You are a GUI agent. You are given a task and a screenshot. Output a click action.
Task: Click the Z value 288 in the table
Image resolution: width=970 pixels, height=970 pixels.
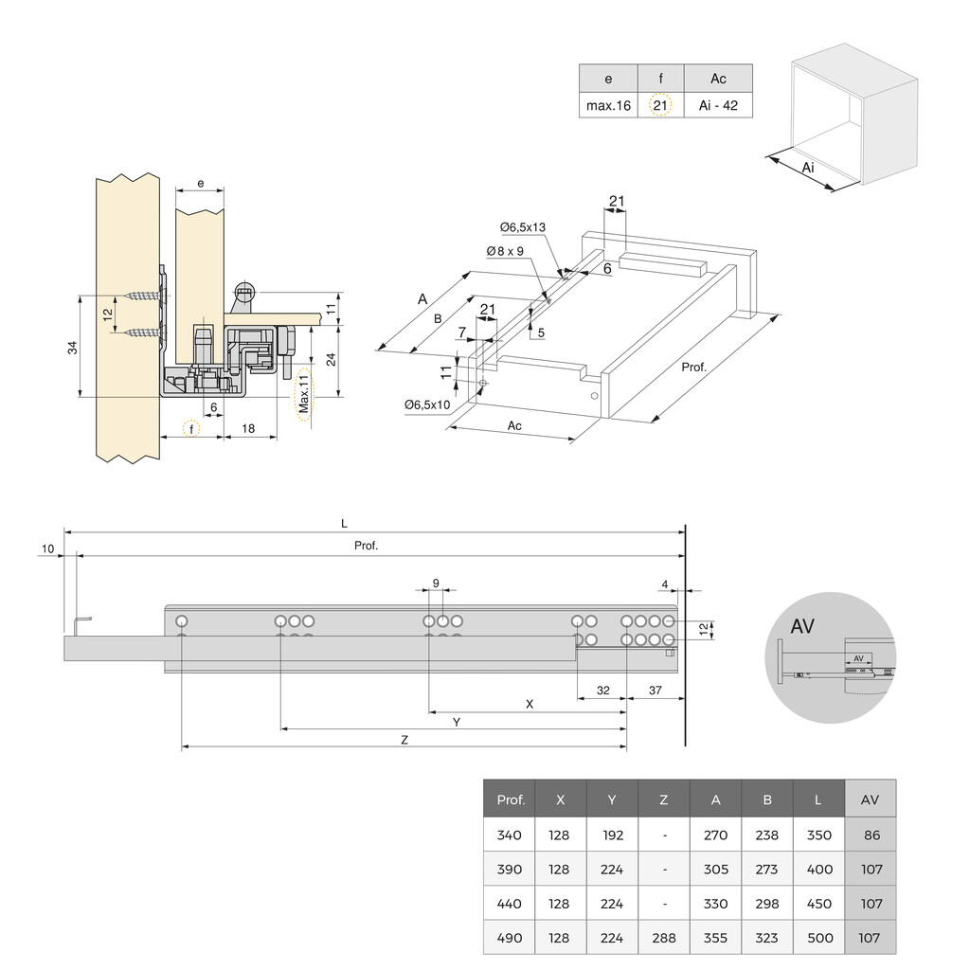click(663, 938)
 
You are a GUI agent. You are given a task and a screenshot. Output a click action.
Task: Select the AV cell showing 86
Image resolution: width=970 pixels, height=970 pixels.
click(871, 835)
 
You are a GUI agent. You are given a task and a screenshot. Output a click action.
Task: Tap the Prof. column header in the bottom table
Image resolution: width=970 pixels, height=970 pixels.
click(510, 799)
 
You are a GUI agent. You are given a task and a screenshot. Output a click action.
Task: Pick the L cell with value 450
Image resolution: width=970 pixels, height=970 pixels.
click(818, 904)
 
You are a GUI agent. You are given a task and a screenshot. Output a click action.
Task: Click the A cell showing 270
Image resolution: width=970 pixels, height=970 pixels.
click(715, 835)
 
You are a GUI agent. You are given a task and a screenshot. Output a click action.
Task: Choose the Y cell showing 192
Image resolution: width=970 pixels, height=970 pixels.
click(612, 835)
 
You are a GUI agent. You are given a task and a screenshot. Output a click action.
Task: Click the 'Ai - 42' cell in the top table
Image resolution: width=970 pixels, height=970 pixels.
click(718, 105)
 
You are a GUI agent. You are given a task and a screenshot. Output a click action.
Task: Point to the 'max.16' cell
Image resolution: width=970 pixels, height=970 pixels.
click(608, 105)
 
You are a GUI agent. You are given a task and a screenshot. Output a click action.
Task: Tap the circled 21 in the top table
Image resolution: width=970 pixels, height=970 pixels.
click(660, 105)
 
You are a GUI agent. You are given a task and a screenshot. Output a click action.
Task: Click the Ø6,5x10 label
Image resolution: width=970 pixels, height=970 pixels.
click(427, 404)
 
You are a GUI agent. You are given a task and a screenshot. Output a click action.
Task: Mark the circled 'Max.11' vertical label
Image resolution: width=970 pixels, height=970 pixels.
click(303, 396)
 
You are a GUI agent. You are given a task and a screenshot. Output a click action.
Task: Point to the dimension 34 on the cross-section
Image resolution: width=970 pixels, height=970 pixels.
click(73, 347)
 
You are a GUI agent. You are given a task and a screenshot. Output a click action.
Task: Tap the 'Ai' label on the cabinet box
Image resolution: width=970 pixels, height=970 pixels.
click(807, 168)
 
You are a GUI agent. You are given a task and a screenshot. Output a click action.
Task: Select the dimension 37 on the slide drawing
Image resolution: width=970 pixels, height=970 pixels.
click(655, 691)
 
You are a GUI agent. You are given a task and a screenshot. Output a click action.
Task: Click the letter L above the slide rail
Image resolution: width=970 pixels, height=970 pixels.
click(344, 523)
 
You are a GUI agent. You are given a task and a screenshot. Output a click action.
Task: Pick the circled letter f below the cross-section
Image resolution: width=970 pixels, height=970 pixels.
click(191, 428)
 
